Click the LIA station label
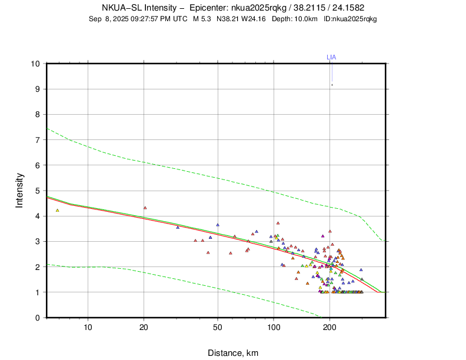click(331, 57)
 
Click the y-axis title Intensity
click(19, 190)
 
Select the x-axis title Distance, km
click(232, 353)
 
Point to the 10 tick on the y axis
click(36, 64)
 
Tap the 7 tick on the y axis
click(38, 140)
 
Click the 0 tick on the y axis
click(38, 318)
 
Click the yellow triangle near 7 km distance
click(58, 210)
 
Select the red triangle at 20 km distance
click(145, 208)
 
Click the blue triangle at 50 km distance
click(218, 225)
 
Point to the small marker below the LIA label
click(332, 85)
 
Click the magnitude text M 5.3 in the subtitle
click(202, 19)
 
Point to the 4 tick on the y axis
click(38, 216)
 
